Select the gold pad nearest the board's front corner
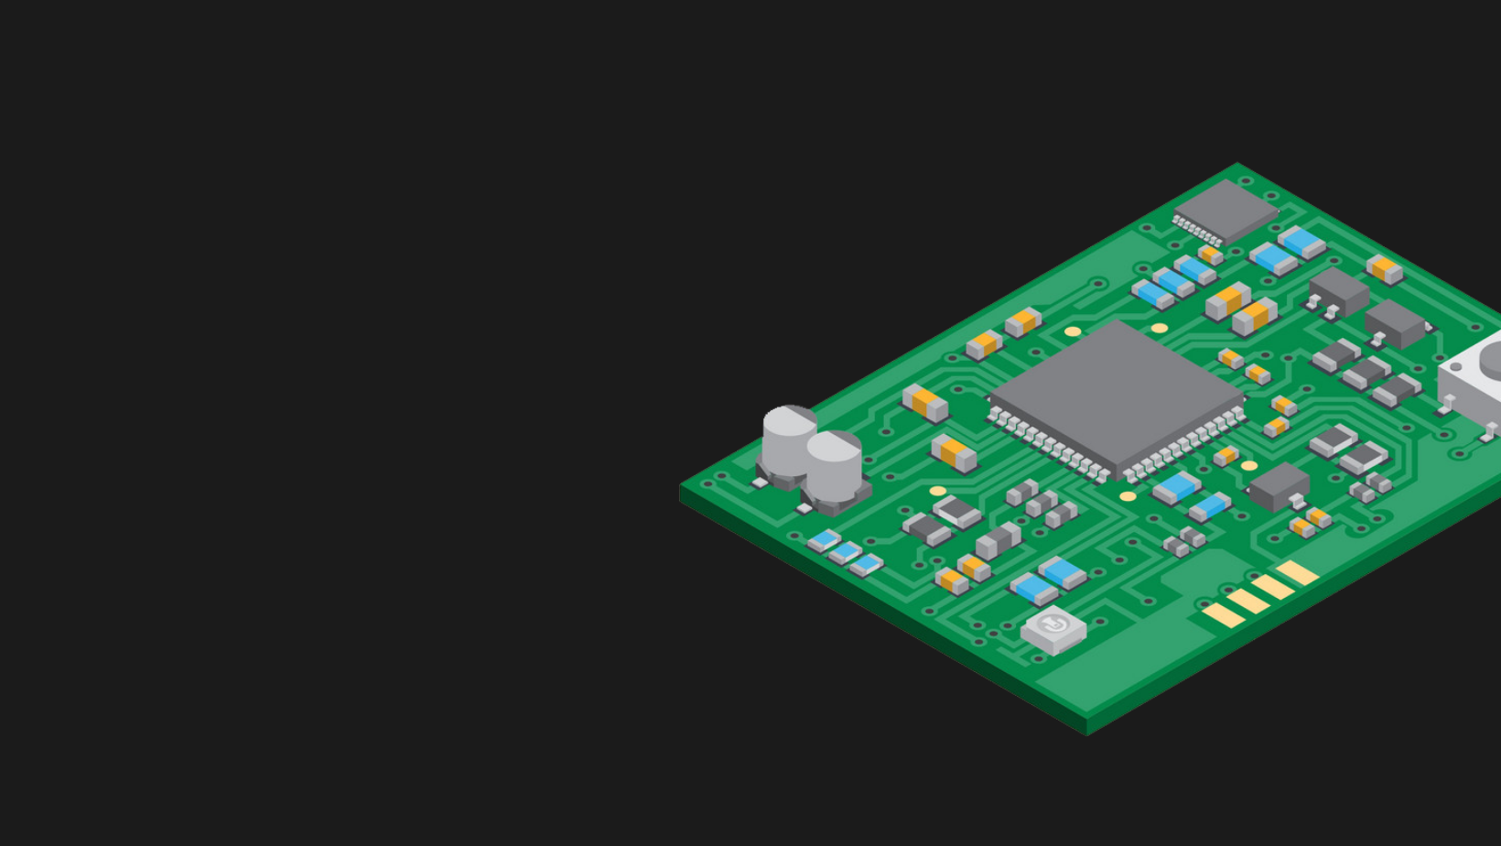[x=1223, y=615]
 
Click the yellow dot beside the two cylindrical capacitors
[x=938, y=492]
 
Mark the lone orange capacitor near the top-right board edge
[x=1384, y=268]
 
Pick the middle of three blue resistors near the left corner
[x=845, y=552]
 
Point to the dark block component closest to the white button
[x=1394, y=323]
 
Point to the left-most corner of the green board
[x=681, y=488]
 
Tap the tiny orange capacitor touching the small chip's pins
[x=1210, y=253]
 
